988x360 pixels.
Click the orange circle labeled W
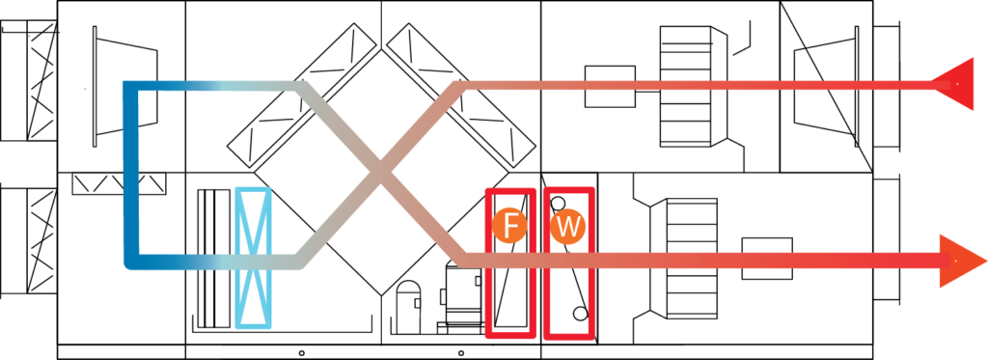point(567,227)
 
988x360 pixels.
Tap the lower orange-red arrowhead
point(960,261)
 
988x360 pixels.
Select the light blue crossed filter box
point(254,258)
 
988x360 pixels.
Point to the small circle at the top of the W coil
point(559,203)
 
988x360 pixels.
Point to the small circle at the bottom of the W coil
point(580,314)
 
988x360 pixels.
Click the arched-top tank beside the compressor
point(408,308)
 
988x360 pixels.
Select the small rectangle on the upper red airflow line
point(610,86)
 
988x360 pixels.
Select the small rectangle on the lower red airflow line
point(767,259)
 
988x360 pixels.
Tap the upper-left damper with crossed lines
point(28,80)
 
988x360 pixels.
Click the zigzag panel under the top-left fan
point(119,183)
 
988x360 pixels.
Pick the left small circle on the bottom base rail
point(302,352)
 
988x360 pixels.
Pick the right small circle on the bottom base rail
point(461,352)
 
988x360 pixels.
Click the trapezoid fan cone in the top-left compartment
point(124,86)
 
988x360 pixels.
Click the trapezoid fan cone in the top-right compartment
point(826,86)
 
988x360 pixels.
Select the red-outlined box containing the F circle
point(510,263)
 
